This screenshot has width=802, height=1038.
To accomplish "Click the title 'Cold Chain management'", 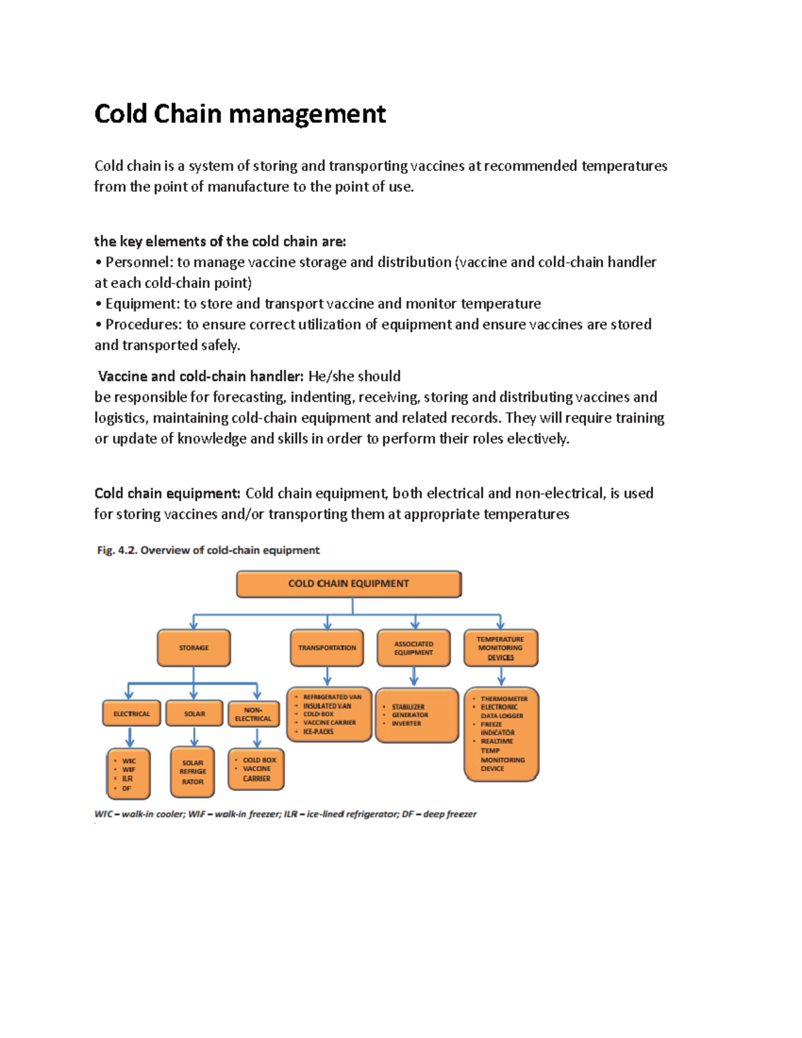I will (x=240, y=114).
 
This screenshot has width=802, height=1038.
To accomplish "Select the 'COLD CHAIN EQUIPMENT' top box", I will (x=348, y=583).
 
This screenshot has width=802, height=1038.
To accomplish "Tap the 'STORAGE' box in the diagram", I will (x=194, y=648).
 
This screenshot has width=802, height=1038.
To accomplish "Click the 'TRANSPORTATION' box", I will (x=327, y=648).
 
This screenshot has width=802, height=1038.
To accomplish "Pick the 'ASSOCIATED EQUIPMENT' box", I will (x=414, y=648).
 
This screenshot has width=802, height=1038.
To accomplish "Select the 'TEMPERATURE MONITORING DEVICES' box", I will (x=501, y=648).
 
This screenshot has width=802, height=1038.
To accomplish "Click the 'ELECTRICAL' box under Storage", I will (x=132, y=714).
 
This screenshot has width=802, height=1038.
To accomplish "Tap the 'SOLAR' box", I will (x=194, y=714).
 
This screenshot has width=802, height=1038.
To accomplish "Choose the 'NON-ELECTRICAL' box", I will (x=253, y=714).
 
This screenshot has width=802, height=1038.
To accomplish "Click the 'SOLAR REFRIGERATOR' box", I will (x=192, y=772).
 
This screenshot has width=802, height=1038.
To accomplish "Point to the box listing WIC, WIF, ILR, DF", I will (x=128, y=774).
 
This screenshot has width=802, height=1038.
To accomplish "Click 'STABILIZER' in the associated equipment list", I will (x=408, y=706).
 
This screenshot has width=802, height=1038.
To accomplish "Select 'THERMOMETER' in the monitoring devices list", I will (x=504, y=698).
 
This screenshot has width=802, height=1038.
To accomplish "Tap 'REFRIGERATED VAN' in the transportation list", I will (x=332, y=696).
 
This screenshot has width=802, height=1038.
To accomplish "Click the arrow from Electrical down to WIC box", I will (x=130, y=737).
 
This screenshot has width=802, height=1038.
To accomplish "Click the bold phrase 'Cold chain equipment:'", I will (x=167, y=493).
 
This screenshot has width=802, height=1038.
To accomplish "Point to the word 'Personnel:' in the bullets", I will (x=138, y=262).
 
